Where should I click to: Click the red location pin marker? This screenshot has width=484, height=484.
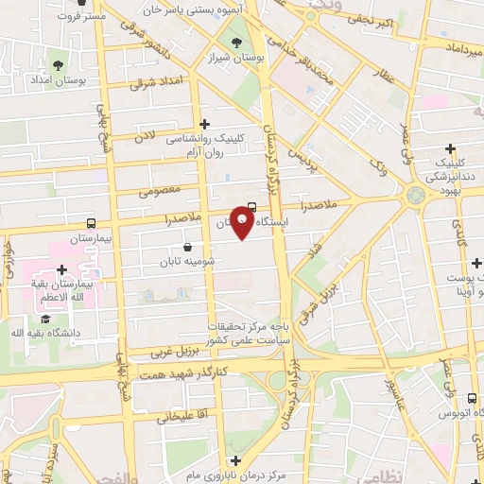click(x=242, y=223)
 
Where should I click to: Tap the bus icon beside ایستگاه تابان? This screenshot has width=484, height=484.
click(x=251, y=207)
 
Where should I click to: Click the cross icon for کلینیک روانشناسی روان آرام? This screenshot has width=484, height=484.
click(x=204, y=123)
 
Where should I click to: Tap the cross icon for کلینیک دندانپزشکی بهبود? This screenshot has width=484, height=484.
click(x=451, y=148)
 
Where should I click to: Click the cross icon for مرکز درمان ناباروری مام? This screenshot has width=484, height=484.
click(x=235, y=460)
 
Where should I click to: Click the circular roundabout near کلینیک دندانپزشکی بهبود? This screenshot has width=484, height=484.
click(x=415, y=196)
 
